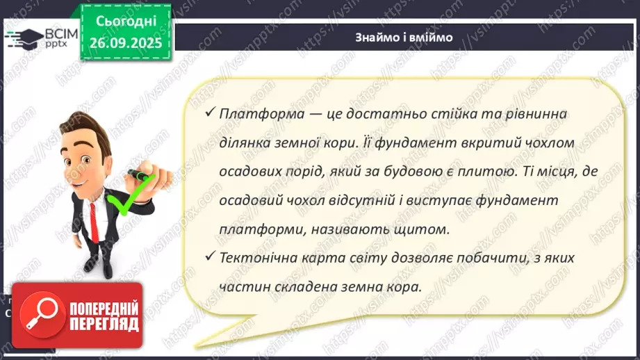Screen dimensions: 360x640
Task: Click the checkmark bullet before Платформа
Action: coord(210,113)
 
